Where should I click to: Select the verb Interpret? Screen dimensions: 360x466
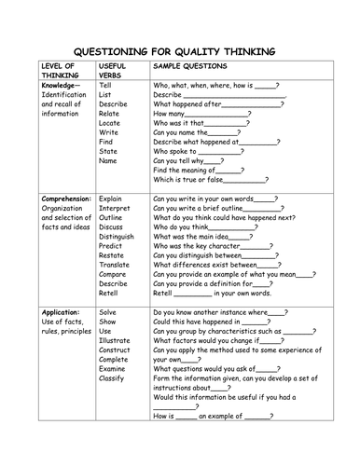[x=114, y=209]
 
